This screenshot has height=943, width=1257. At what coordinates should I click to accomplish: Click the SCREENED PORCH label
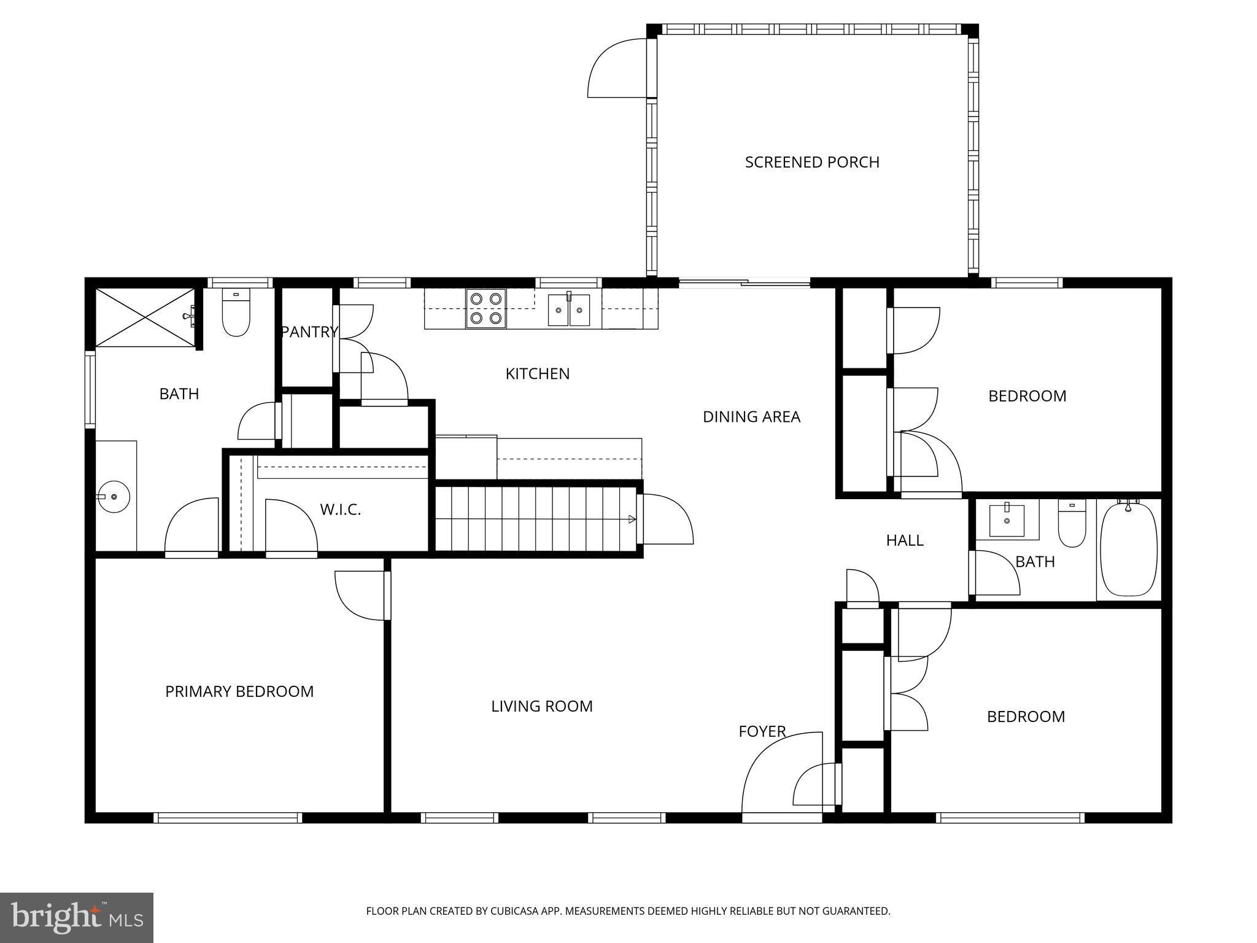coord(811,162)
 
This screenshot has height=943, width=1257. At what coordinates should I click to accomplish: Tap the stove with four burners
coord(485,309)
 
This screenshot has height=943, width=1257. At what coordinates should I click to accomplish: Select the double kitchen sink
coord(569,310)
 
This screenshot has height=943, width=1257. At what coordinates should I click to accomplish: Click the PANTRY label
coord(309,332)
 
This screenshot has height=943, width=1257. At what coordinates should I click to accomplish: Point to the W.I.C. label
coord(340,510)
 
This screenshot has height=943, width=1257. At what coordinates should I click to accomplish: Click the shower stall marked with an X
coord(145,317)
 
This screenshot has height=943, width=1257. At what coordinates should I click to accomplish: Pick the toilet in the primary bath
coord(236,313)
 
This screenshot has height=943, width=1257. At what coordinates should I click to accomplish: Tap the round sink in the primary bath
coord(114,495)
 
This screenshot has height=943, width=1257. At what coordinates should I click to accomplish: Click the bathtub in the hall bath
coord(1129,549)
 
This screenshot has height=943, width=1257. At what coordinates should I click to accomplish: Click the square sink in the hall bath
coord(1007,521)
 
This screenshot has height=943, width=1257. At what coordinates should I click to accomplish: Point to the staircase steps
coord(535,519)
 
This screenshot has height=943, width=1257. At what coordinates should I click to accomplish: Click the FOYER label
coord(762,731)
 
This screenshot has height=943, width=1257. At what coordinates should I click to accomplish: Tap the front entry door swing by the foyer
coord(778,774)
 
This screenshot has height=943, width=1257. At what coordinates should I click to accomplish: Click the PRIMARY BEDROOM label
coord(239,691)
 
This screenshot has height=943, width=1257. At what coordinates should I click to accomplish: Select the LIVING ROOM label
coord(541,706)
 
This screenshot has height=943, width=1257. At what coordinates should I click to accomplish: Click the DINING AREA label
coord(751,417)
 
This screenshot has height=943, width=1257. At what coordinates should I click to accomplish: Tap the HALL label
coord(905,540)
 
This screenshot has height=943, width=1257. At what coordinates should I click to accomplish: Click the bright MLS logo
coord(76,917)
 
